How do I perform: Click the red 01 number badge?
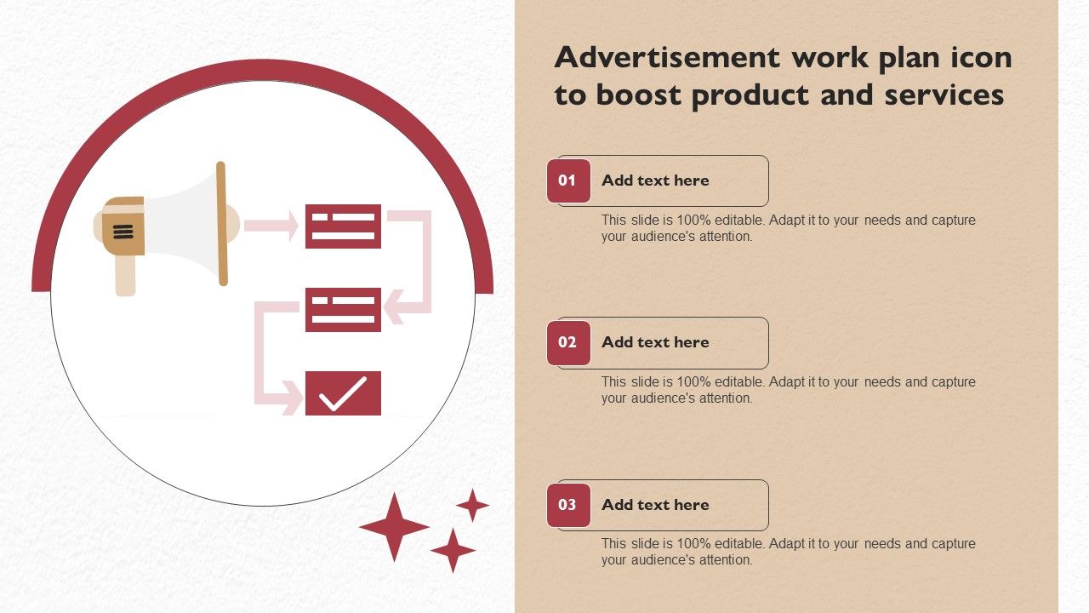(568, 180)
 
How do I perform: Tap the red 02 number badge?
(568, 342)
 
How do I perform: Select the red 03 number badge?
(568, 505)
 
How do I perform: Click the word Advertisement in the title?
(667, 57)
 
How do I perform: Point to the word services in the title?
(944, 95)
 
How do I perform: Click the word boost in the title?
(638, 95)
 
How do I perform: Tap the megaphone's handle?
(125, 275)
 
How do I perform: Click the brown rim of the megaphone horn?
(222, 224)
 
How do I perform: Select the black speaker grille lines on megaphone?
(123, 232)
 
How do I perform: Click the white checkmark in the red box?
(343, 393)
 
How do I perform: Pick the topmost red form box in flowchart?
(343, 226)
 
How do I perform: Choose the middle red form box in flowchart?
(343, 309)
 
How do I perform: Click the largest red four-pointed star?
(394, 527)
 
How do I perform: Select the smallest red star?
(472, 506)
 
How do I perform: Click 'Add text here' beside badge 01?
(655, 180)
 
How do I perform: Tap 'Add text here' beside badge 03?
(655, 505)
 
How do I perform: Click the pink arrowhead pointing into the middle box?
(394, 307)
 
